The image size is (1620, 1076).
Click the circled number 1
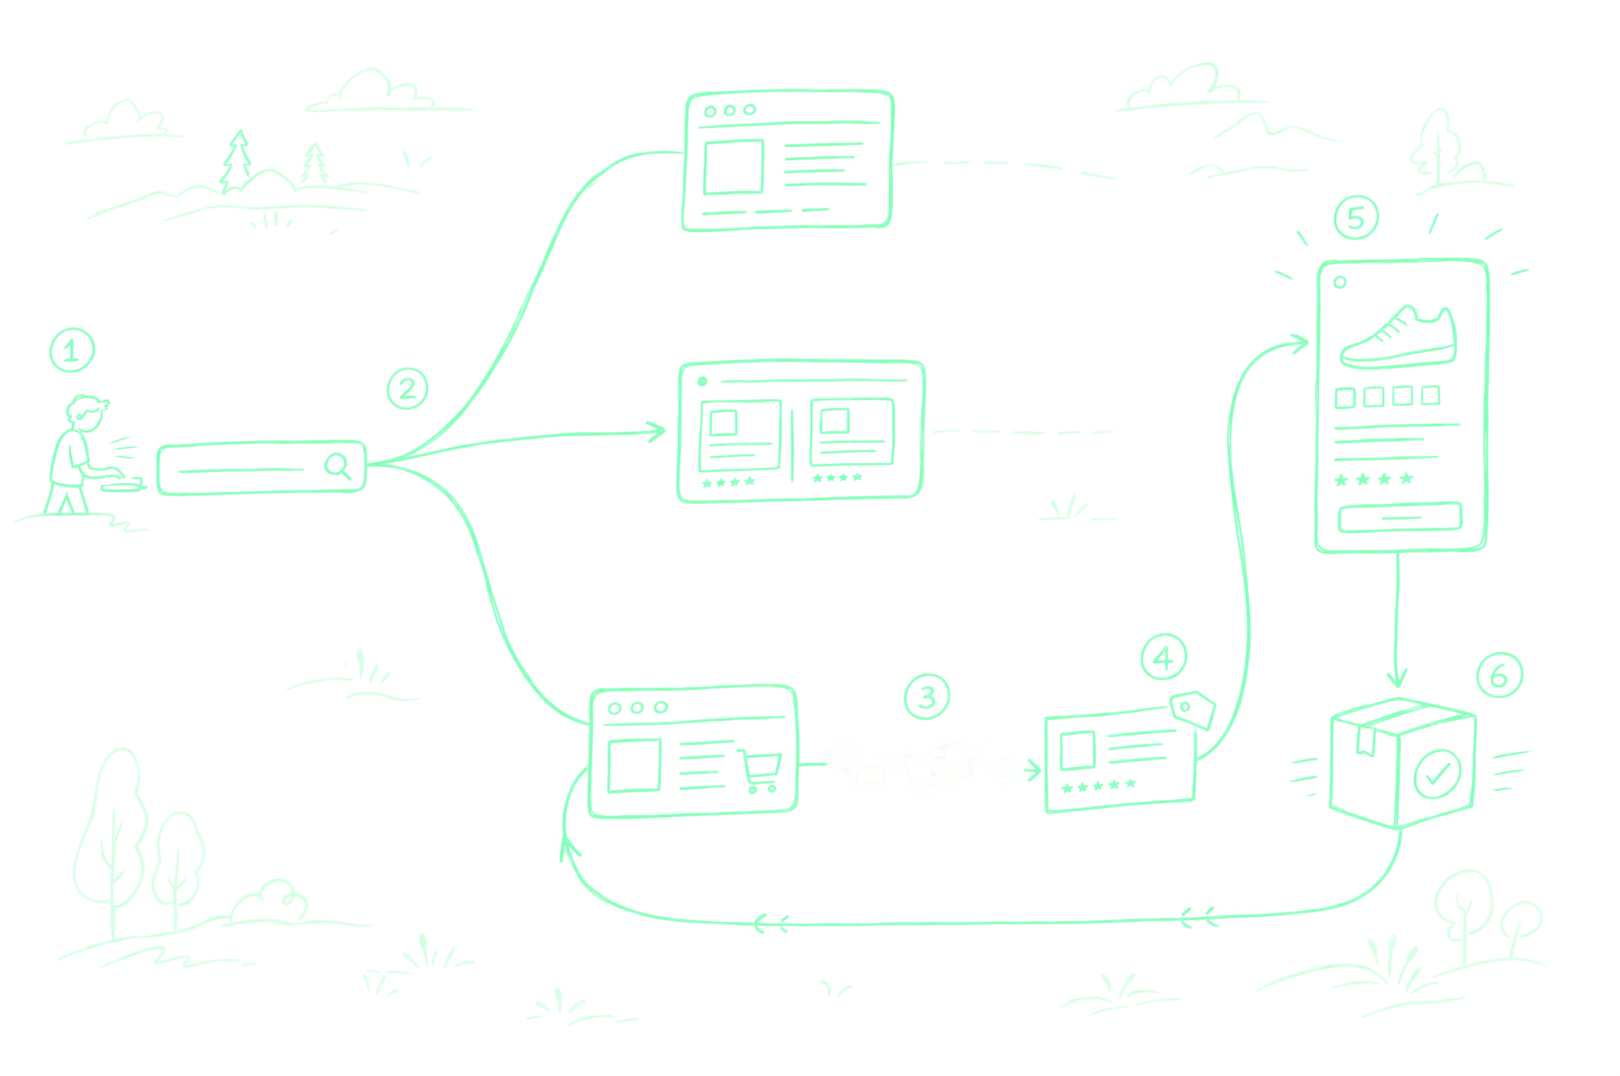click(72, 350)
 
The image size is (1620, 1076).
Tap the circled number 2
click(407, 388)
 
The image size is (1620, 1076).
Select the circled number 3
click(926, 696)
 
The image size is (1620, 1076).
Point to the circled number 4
click(1164, 657)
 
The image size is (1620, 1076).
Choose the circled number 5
click(1356, 218)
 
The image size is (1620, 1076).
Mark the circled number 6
click(1499, 675)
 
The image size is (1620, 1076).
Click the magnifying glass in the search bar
click(338, 466)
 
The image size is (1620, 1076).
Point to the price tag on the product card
click(1193, 709)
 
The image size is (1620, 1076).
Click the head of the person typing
click(86, 413)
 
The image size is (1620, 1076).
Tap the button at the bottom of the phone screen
click(1399, 517)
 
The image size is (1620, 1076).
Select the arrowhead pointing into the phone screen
click(1298, 343)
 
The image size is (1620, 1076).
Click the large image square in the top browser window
click(733, 167)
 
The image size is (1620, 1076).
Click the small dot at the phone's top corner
click(1340, 282)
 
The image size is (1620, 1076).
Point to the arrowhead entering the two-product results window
click(657, 431)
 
